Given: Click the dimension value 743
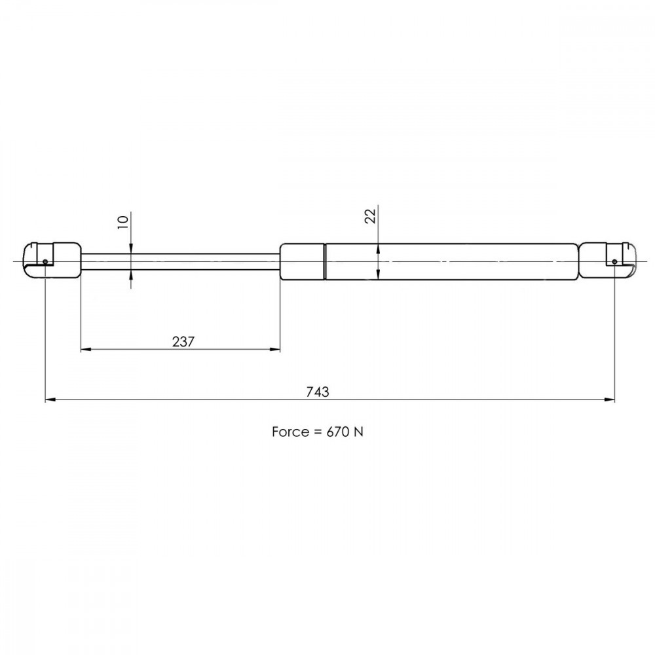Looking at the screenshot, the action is coord(318,392).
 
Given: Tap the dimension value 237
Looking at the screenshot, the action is coord(183,342).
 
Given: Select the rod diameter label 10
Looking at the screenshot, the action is coord(122,222).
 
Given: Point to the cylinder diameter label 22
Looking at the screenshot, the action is coord(370,216).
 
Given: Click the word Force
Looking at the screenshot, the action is coord(290,432).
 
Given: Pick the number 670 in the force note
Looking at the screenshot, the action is coord(338,432).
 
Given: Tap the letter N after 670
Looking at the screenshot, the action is coord(358,432).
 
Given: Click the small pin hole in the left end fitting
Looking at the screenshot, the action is coord(45,262).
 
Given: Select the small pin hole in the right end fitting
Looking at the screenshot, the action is coord(614,262).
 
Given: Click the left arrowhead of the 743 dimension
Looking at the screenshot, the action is coord(50,400).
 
